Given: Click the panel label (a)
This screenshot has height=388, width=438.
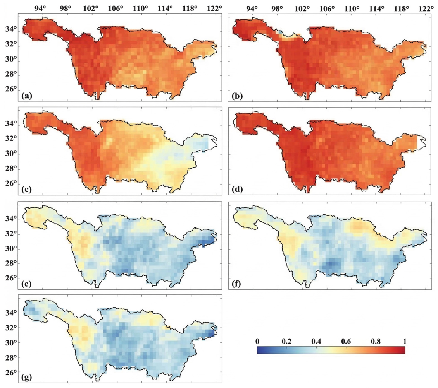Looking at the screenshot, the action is pos(27,96).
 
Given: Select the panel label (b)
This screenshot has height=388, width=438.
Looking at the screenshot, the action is pos(237,96).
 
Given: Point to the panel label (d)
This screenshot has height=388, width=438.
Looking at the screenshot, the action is pos(237,190).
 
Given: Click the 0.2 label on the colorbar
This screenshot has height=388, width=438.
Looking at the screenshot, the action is pos(286,342).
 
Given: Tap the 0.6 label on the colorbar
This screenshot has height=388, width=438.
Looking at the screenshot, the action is pos(346,342).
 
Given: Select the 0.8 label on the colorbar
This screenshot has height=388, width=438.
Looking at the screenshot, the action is pos(376,342).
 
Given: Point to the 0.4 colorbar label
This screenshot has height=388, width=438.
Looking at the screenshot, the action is pos(316,342).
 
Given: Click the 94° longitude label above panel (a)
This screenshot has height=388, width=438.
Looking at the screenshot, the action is pos(40,8).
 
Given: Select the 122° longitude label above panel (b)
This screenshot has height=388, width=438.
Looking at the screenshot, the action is pos(426,8).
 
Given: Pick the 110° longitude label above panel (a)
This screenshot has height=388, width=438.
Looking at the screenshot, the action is pos(140,8).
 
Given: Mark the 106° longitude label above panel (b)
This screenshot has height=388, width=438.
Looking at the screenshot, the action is pos(327,8).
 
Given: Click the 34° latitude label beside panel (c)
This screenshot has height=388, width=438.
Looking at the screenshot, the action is pos(11,123).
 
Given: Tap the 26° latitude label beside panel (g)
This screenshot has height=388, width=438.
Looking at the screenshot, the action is pos(11,373).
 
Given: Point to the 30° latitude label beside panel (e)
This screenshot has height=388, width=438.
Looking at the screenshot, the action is pos(11,248).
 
